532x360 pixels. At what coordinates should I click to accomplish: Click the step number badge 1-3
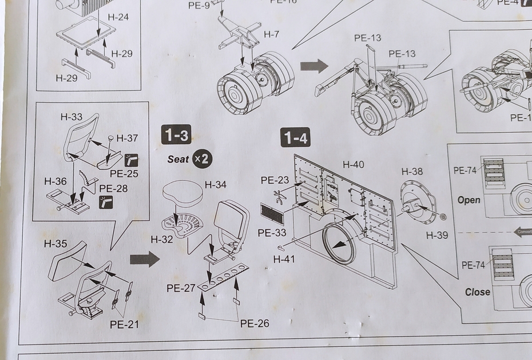(176, 136)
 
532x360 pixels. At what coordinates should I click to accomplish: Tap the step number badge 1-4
(295, 137)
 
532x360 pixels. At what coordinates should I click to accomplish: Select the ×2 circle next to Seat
(202, 159)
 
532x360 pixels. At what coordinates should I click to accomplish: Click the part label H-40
(353, 165)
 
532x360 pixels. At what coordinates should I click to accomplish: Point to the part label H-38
(412, 171)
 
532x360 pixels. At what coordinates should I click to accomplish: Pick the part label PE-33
(272, 233)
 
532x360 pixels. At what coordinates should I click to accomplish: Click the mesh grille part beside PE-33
(272, 213)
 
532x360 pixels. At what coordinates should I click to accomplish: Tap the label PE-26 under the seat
(255, 323)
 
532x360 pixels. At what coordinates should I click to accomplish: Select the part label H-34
(216, 184)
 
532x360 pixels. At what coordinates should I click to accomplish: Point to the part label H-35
(55, 244)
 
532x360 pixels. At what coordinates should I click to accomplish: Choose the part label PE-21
(124, 325)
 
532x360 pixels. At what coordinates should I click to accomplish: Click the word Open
(469, 200)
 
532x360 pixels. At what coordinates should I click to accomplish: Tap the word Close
(477, 291)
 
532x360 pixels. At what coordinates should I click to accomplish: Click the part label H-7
(271, 34)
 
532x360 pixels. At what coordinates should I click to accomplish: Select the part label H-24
(118, 17)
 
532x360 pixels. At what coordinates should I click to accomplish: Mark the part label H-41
(284, 259)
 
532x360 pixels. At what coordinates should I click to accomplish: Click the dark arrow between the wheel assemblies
(314, 65)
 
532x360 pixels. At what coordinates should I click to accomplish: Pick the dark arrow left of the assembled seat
(144, 259)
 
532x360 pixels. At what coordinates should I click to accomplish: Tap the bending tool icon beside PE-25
(131, 160)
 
